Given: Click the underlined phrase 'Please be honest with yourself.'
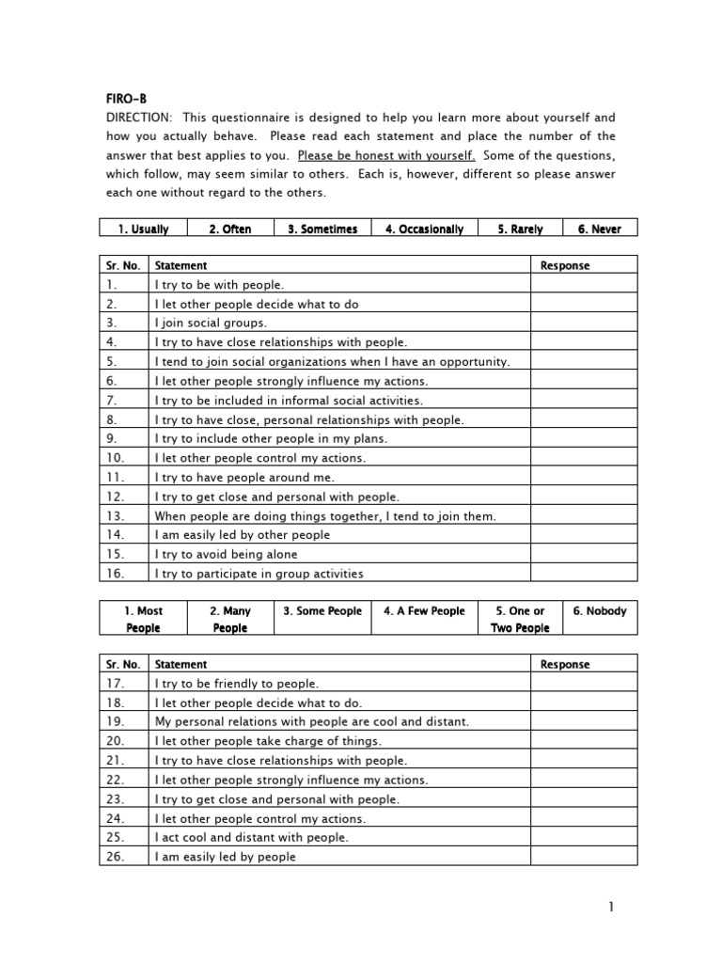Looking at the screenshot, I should pyautogui.click(x=385, y=155).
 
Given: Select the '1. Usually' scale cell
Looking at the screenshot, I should pyautogui.click(x=143, y=229).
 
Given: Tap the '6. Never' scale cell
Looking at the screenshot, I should pyautogui.click(x=599, y=229).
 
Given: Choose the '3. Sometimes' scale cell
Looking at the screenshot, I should pyautogui.click(x=322, y=229).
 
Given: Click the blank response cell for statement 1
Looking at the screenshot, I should pyautogui.click(x=584, y=284).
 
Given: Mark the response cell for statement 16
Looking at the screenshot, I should pyautogui.click(x=584, y=574).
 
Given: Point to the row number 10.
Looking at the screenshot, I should pyautogui.click(x=115, y=458).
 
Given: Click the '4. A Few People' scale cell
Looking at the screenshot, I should pyautogui.click(x=424, y=611).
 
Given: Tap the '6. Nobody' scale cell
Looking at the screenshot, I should pyautogui.click(x=600, y=611).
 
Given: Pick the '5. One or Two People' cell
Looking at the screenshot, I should pyautogui.click(x=520, y=619).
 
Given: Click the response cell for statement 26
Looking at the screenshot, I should pyautogui.click(x=584, y=857).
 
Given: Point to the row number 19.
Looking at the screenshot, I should pyautogui.click(x=115, y=721).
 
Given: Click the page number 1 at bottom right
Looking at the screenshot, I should pyautogui.click(x=610, y=907).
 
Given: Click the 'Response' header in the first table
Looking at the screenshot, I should pyautogui.click(x=565, y=265).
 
